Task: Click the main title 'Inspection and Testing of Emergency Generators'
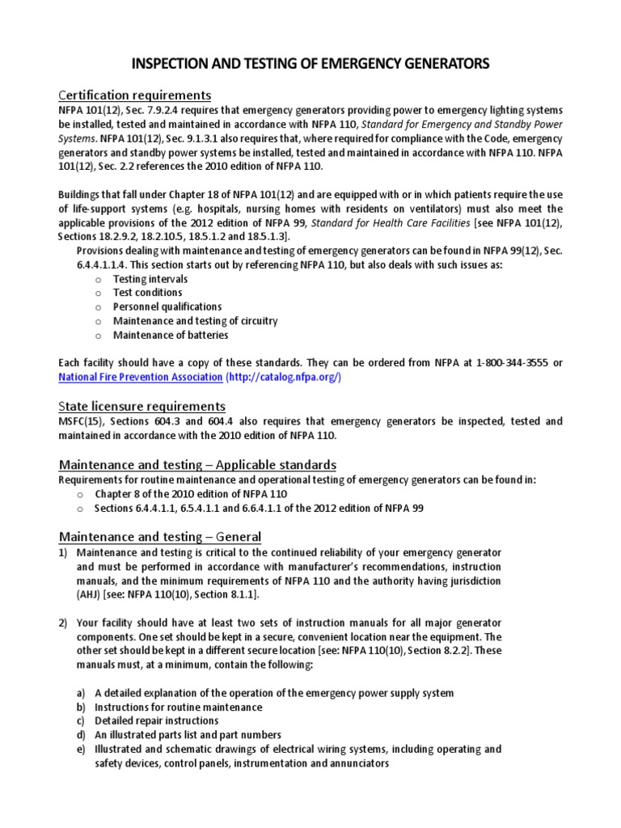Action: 310,64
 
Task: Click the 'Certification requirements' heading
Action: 135,94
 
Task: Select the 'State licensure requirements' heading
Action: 142,405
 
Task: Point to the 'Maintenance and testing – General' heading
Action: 160,537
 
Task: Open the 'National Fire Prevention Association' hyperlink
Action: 141,378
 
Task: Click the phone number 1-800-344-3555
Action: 512,364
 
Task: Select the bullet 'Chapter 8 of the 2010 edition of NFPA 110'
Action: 190,493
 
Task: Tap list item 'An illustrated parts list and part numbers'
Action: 188,735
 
